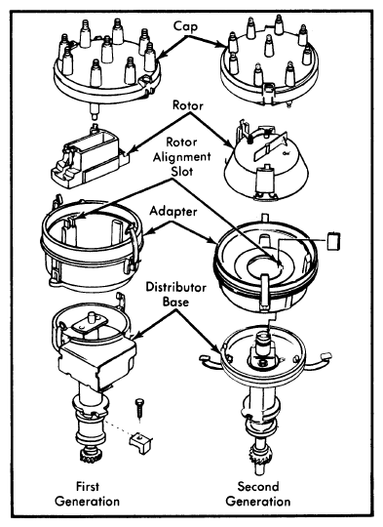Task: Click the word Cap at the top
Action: tap(185, 26)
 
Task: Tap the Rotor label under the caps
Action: tap(188, 105)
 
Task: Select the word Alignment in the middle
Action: tap(182, 157)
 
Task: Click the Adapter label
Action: tap(173, 212)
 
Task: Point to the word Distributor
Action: tap(175, 287)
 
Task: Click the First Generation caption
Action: tap(88, 494)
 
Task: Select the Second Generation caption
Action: tap(258, 494)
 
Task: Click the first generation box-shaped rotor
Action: tap(89, 157)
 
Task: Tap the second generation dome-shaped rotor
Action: tap(265, 161)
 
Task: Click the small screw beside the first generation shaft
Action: tap(139, 408)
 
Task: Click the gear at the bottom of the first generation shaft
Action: tap(89, 455)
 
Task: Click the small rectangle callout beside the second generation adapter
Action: tap(333, 241)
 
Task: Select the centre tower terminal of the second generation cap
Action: tap(269, 45)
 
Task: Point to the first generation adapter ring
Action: tap(91, 246)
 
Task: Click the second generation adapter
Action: tap(265, 263)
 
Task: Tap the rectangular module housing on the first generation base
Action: tap(97, 365)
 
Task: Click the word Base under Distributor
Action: tap(175, 302)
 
